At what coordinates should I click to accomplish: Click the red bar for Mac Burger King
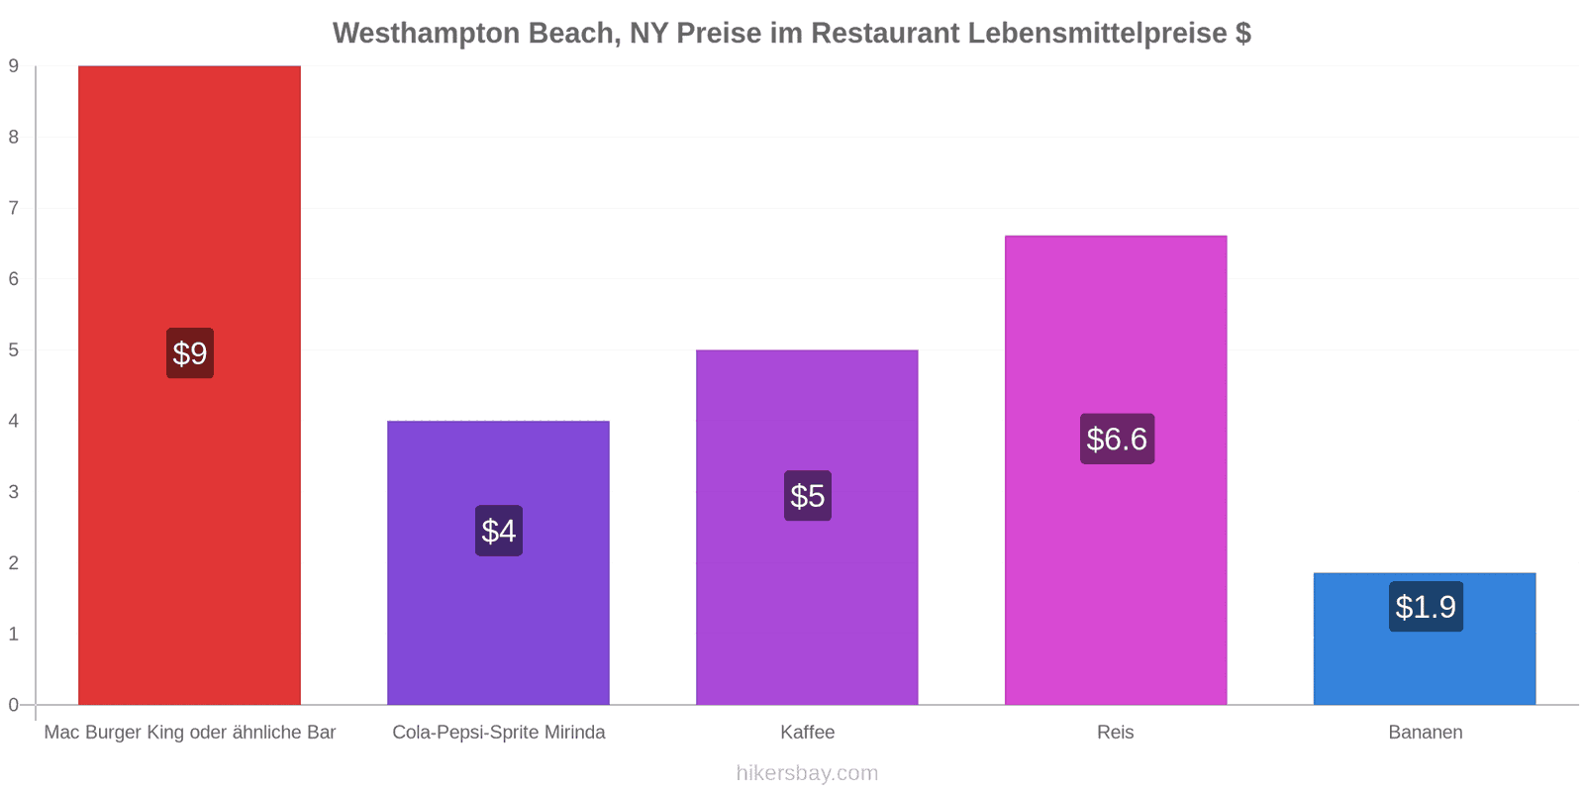pos(189,385)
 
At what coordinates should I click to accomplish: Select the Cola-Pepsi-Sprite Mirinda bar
pos(499,562)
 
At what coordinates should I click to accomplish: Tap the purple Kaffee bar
pos(807,527)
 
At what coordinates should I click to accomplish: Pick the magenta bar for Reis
pos(1116,469)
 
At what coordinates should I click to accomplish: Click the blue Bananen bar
pos(1425,639)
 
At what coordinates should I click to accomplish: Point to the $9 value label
pos(190,352)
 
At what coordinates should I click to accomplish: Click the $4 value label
pos(499,531)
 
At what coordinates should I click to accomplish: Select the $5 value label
pos(808,496)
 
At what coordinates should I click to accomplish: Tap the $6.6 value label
pos(1117,440)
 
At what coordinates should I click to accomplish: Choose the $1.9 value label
pos(1426,607)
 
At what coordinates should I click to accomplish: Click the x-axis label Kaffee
pos(808,732)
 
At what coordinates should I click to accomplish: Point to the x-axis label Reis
pos(1115,732)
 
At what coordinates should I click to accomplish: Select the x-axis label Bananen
pos(1426,732)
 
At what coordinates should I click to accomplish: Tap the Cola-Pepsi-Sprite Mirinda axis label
pos(499,732)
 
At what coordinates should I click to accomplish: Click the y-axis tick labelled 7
pos(14,208)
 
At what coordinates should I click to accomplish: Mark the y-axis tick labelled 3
pos(14,491)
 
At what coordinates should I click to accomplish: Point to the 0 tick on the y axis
pos(14,704)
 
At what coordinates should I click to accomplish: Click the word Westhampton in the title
pos(427,34)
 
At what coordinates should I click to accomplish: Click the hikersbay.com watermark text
pos(807,772)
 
